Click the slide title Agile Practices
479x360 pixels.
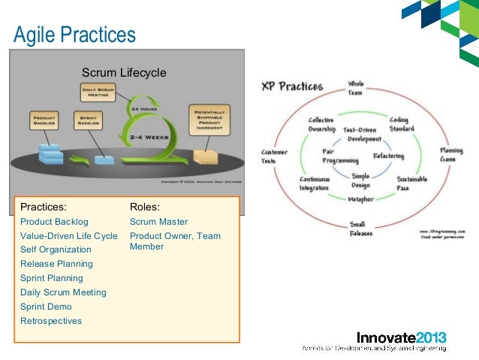75,34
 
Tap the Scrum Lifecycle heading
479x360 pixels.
123,73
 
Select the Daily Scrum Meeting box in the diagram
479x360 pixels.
98,92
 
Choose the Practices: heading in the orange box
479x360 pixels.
43,207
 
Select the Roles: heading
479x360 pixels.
144,207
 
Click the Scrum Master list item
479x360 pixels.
158,222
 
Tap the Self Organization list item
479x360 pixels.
56,250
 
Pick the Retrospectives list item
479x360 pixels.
51,321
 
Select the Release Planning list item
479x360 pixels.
56,264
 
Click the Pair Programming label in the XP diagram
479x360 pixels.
340,156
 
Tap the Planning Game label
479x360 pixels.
450,155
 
